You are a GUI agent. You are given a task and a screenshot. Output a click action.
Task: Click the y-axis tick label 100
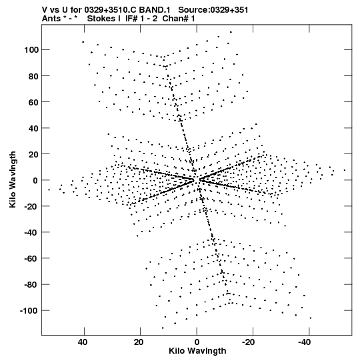pyautogui.click(x=31, y=50)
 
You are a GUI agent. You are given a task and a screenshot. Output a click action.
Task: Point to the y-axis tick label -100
pyautogui.click(x=29, y=311)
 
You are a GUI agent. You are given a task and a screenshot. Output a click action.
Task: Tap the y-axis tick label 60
pyautogui.click(x=33, y=102)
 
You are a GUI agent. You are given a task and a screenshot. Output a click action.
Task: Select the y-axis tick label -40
pyautogui.click(x=31, y=232)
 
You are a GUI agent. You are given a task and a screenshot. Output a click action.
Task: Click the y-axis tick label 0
pyautogui.click(x=35, y=180)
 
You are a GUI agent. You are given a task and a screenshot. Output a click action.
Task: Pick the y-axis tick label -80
pyautogui.click(x=31, y=285)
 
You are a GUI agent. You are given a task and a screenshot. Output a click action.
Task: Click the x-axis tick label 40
pyautogui.click(x=83, y=342)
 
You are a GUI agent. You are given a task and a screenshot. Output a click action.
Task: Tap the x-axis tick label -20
pyautogui.click(x=249, y=342)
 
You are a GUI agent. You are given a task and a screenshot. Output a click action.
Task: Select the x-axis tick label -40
pyautogui.click(x=305, y=342)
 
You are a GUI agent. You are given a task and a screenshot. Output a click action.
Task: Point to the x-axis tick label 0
pyautogui.click(x=197, y=342)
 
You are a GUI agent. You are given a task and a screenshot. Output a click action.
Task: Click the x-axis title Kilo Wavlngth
pyautogui.click(x=197, y=351)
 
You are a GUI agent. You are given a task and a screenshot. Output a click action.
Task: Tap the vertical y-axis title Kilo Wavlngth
pyautogui.click(x=13, y=179)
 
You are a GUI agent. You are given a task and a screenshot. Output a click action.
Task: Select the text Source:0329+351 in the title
pyautogui.click(x=213, y=10)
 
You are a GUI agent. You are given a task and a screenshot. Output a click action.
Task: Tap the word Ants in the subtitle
pyautogui.click(x=51, y=19)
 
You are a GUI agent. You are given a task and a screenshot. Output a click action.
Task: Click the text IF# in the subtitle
pyautogui.click(x=131, y=19)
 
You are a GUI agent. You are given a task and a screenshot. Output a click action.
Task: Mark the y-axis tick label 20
pyautogui.click(x=33, y=154)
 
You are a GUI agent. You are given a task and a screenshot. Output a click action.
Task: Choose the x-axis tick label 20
pyautogui.click(x=139, y=342)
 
